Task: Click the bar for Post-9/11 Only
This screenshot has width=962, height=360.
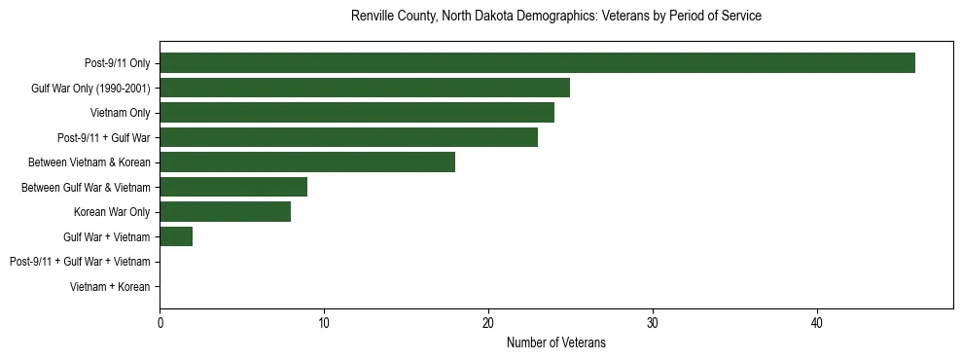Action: [537, 63]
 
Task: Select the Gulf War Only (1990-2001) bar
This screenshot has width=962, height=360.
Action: [365, 88]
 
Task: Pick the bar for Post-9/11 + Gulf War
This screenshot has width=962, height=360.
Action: [348, 137]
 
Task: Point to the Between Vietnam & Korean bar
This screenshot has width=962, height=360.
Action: [307, 162]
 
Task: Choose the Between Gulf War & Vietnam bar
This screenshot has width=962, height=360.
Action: [233, 187]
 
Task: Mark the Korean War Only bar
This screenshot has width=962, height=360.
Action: [226, 212]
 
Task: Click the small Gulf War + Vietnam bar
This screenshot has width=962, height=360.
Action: [176, 236]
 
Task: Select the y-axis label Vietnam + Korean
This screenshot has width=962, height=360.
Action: [110, 287]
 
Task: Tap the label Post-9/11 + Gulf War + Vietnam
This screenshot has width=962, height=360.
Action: [80, 262]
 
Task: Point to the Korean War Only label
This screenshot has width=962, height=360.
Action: [112, 212]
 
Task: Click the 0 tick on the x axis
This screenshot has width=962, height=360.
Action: [160, 323]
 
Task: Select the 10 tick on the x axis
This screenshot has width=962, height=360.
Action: [324, 323]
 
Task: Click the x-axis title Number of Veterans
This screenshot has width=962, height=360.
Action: [555, 342]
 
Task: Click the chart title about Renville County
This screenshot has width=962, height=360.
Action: [555, 17]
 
